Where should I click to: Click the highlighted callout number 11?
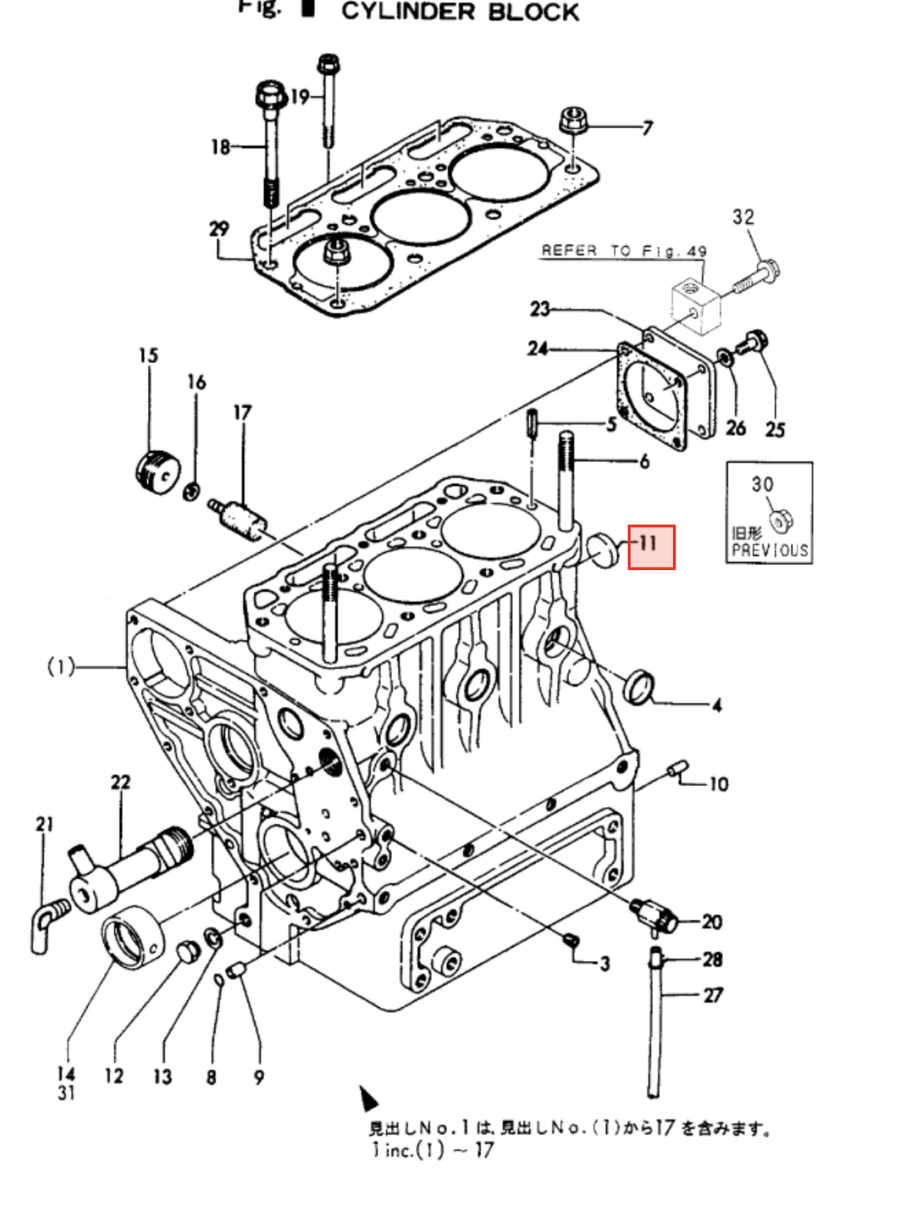click(x=651, y=545)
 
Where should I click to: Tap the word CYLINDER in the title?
click(x=408, y=12)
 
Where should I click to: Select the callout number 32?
click(x=743, y=217)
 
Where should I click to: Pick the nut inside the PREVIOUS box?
click(x=781, y=522)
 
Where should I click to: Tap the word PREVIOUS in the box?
click(x=769, y=551)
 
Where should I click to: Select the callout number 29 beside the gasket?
click(x=219, y=229)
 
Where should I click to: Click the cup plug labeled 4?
click(x=640, y=687)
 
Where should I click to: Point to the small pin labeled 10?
click(x=678, y=768)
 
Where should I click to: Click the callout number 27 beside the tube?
click(x=712, y=995)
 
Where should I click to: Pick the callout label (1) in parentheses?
click(x=62, y=667)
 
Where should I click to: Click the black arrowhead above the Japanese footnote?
click(x=368, y=1098)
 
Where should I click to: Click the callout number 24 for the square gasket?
click(x=538, y=349)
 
